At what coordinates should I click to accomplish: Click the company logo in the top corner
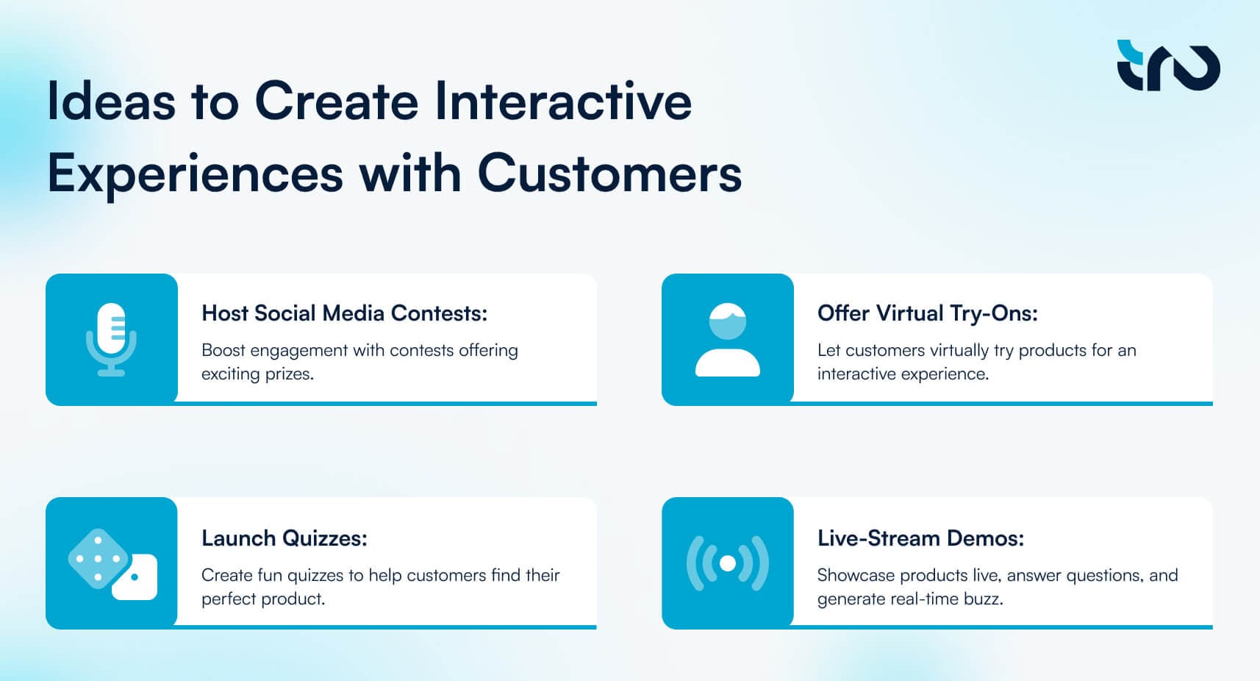pyautogui.click(x=1168, y=65)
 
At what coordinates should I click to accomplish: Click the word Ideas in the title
pyautogui.click(x=112, y=101)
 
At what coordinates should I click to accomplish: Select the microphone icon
pyautogui.click(x=112, y=339)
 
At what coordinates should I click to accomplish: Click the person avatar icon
pyautogui.click(x=727, y=339)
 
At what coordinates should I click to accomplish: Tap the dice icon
pyautogui.click(x=112, y=563)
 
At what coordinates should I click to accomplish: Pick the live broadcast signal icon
pyautogui.click(x=727, y=563)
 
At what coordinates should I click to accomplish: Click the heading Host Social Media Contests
pyautogui.click(x=344, y=313)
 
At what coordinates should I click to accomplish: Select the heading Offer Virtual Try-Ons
pyautogui.click(x=928, y=313)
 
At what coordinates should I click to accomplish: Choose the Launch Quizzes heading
pyautogui.click(x=284, y=538)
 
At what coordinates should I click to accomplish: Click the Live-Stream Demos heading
pyautogui.click(x=921, y=538)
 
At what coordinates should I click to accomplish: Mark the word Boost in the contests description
pyautogui.click(x=223, y=350)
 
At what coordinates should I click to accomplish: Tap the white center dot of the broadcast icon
pyautogui.click(x=727, y=563)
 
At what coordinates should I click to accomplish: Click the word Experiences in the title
pyautogui.click(x=196, y=174)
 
